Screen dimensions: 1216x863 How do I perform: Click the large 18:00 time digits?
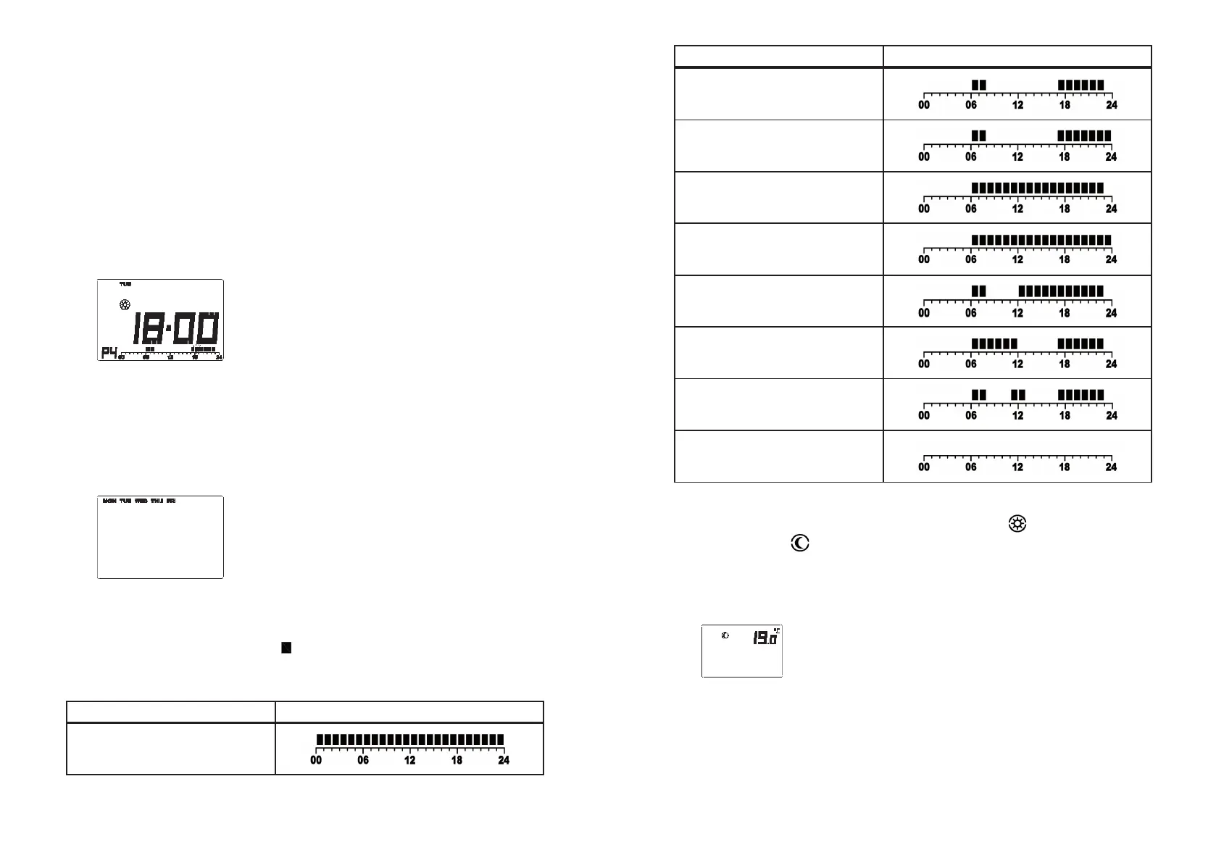tap(175, 329)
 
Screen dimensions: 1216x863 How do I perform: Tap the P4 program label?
tap(109, 353)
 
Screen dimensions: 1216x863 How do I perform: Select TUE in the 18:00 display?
tap(125, 284)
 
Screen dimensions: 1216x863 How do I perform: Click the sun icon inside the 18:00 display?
tap(125, 305)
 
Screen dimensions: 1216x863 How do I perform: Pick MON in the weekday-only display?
tap(109, 501)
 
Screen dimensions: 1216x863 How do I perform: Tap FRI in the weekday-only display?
tap(171, 501)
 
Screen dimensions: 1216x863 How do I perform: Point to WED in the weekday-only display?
tap(141, 501)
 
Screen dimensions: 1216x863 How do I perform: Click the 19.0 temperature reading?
tap(764, 638)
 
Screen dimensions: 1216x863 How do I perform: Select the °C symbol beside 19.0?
tap(777, 630)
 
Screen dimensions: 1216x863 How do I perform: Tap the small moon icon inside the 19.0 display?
tap(725, 635)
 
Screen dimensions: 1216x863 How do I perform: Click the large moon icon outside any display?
tap(800, 543)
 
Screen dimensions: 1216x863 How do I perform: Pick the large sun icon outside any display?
tap(1017, 523)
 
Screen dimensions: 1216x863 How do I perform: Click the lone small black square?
tap(286, 648)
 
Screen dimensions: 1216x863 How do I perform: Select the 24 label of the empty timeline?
tap(1111, 467)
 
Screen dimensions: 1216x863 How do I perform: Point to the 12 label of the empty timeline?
tap(1017, 467)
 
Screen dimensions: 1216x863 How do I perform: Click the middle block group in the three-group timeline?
tap(1018, 395)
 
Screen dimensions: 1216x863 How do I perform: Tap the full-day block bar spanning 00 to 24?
tap(410, 740)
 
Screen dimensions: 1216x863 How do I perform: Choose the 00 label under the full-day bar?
tap(316, 761)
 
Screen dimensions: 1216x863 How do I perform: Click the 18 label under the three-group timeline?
tap(1064, 416)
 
